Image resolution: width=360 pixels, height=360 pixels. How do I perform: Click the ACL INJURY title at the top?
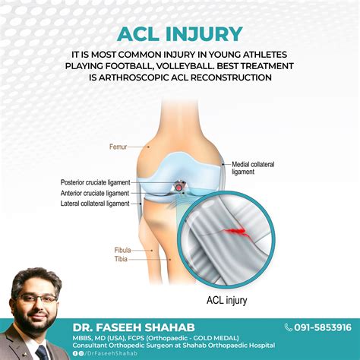click(180, 34)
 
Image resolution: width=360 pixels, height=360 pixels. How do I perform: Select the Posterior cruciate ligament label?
click(95, 182)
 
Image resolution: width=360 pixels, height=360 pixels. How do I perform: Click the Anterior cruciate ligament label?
click(95, 193)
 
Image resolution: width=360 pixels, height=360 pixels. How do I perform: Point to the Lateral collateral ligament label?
click(95, 203)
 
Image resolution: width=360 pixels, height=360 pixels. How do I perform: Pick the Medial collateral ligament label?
click(254, 167)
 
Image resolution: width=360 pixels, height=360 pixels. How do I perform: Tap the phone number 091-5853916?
click(322, 327)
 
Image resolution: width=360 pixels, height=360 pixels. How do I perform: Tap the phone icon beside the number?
click(289, 327)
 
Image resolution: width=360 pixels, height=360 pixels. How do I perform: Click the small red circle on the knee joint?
click(179, 185)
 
